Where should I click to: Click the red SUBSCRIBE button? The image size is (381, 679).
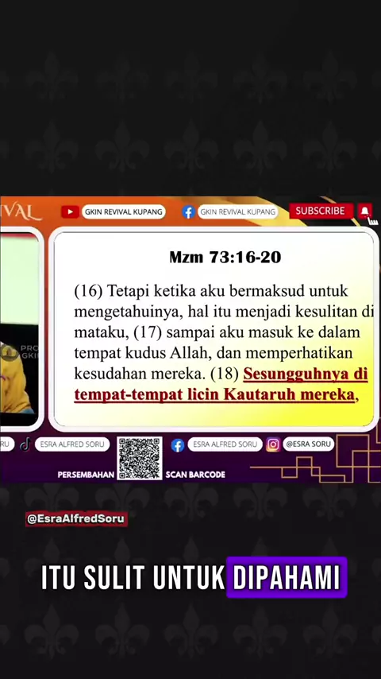click(x=321, y=211)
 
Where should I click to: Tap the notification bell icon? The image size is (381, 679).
click(x=365, y=211)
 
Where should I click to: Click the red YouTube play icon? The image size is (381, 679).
click(x=70, y=211)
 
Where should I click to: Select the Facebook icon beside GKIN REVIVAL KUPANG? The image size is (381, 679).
click(x=188, y=211)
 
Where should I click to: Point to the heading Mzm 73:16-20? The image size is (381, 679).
click(x=225, y=258)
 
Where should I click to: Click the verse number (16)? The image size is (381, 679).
click(x=88, y=292)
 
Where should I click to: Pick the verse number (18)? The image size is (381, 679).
click(x=225, y=374)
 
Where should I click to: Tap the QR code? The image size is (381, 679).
click(x=140, y=458)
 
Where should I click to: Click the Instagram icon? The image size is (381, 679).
click(x=273, y=444)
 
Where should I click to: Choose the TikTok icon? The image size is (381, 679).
click(x=25, y=444)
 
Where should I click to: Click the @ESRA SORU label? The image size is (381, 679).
click(x=308, y=444)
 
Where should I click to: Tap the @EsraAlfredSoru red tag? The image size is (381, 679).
click(x=76, y=518)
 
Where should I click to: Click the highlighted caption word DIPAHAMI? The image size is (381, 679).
click(x=287, y=577)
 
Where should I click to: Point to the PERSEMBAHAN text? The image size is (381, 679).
click(x=86, y=475)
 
